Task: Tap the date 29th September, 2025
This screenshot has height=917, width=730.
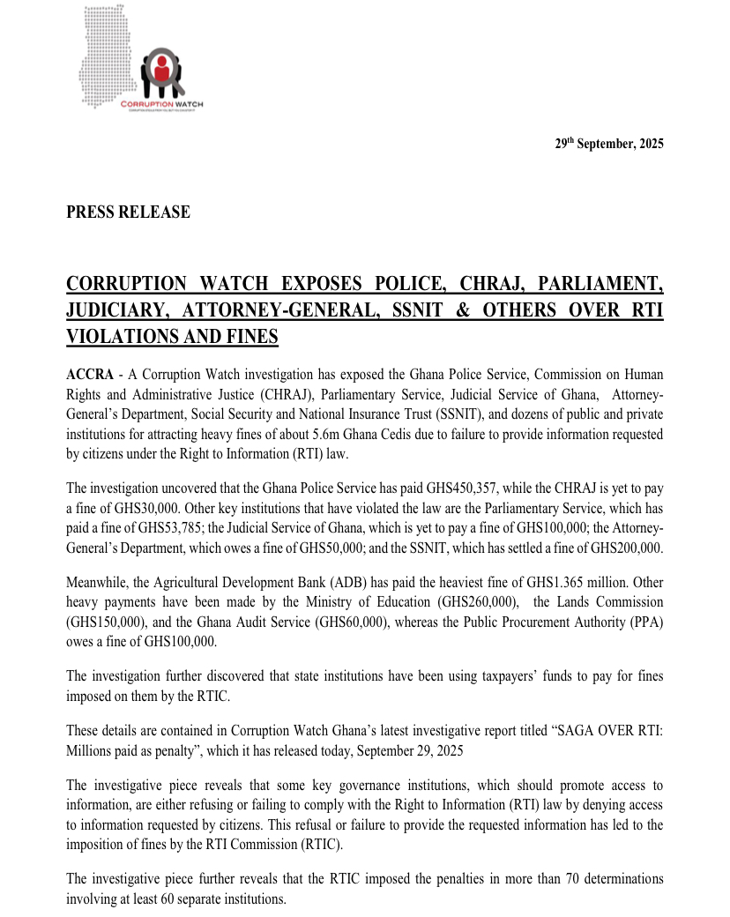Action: click(609, 145)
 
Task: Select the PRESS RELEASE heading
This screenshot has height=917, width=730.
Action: click(128, 212)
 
